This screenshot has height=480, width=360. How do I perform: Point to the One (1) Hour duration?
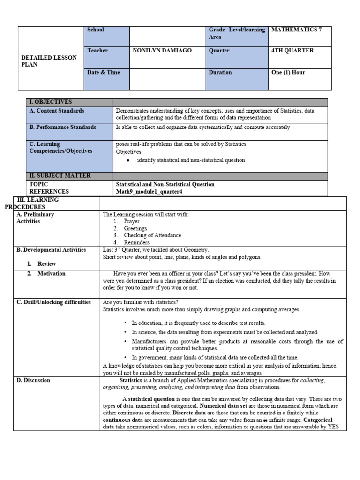click(x=288, y=73)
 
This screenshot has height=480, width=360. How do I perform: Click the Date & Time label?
click(x=103, y=73)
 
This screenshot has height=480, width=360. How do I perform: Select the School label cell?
click(x=96, y=30)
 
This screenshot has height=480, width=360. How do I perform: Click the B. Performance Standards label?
click(x=63, y=127)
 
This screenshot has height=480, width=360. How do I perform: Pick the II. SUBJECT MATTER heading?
click(x=60, y=176)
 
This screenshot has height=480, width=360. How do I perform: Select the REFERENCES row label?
click(x=49, y=192)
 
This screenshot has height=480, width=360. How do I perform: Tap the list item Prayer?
click(x=132, y=221)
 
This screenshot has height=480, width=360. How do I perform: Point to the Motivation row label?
click(x=52, y=274)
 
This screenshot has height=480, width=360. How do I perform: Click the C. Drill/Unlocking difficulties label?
click(x=54, y=302)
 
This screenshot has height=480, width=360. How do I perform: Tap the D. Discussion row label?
click(x=33, y=381)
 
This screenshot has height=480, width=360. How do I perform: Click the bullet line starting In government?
click(x=215, y=357)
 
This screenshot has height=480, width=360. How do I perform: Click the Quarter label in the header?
click(x=219, y=51)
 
